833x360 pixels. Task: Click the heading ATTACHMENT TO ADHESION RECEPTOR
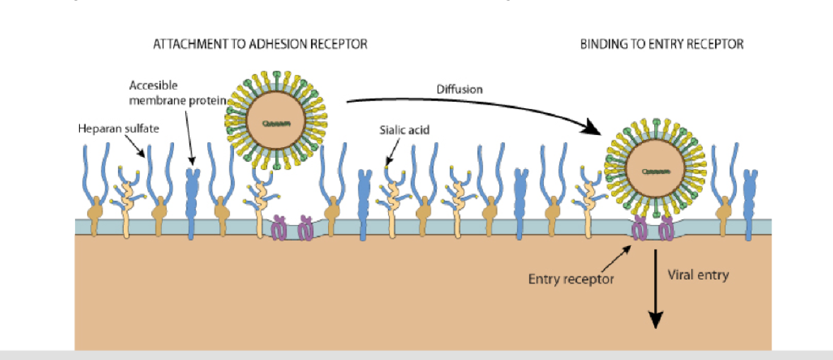[x=260, y=44]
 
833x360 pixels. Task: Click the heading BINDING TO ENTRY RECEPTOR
[x=662, y=44]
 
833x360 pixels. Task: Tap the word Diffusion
[x=459, y=89]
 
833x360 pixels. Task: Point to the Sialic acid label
[x=405, y=130]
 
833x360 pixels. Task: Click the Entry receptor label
[x=571, y=279]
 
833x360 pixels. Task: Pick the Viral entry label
[x=698, y=274]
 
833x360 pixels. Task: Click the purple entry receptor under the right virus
[x=652, y=228]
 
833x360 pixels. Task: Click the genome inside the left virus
[x=272, y=122]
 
